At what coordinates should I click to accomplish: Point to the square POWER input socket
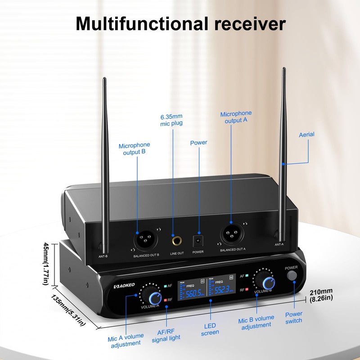point(197,240)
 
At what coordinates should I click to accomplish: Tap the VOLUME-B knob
point(268,282)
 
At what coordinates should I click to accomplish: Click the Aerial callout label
point(306,135)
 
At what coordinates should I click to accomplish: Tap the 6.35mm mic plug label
point(171,120)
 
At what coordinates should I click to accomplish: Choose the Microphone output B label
point(134,149)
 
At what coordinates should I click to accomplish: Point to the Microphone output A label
point(236,117)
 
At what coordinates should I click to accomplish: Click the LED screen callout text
point(210,328)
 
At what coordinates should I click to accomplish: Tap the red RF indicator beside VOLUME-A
point(166,299)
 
